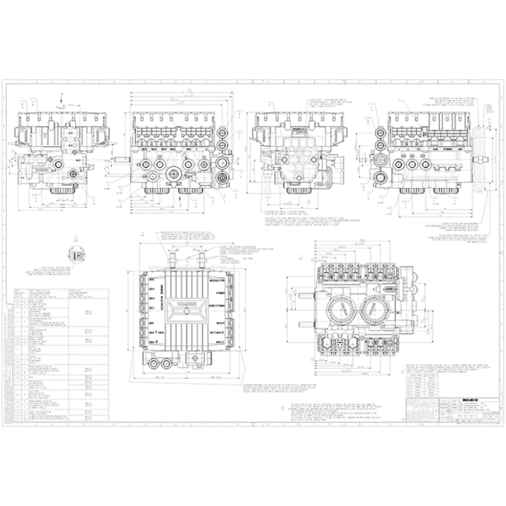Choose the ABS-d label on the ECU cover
tap(153, 342)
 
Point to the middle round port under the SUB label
tap(413, 164)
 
